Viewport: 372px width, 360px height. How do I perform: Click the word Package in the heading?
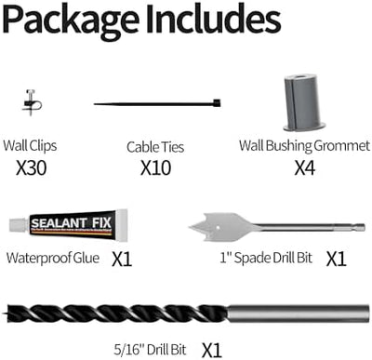[x=71, y=20]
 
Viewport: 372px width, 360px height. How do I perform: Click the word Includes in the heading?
[x=213, y=19]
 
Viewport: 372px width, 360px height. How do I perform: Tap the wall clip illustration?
[x=32, y=103]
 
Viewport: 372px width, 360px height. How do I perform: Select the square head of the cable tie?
[x=217, y=103]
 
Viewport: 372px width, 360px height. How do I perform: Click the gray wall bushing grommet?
[x=304, y=102]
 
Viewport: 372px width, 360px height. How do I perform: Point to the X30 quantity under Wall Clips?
[x=32, y=168]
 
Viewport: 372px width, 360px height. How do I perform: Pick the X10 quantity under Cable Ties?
[x=155, y=168]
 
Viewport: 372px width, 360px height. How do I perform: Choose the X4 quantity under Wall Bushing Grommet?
[x=304, y=168]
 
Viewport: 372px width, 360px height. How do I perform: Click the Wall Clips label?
[x=30, y=146]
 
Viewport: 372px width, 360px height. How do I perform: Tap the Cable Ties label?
[x=155, y=147]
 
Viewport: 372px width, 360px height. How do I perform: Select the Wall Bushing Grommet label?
[x=304, y=146]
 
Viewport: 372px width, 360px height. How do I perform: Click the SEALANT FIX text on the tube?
[x=71, y=223]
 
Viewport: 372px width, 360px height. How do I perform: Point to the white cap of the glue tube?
[x=18, y=224]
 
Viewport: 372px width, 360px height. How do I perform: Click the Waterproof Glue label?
[x=53, y=258]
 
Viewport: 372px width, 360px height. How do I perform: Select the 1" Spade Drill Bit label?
[x=266, y=258]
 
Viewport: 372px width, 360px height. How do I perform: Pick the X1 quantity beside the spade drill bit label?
[x=336, y=259]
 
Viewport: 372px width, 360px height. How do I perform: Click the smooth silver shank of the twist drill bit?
[x=299, y=313]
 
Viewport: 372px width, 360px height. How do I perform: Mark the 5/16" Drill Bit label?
[x=150, y=350]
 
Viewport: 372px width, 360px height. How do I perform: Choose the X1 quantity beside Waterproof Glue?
[x=122, y=259]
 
